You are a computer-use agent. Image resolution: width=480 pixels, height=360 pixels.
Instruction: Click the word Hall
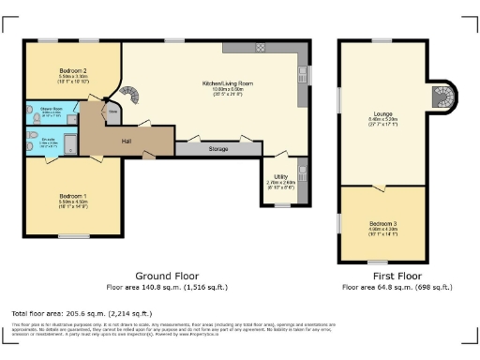tap(126, 142)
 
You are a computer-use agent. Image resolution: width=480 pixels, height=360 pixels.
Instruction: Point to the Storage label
tap(218, 148)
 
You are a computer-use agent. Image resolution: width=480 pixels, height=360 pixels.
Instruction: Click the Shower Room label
tap(51, 109)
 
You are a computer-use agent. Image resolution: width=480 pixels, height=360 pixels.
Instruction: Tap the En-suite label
tap(51, 142)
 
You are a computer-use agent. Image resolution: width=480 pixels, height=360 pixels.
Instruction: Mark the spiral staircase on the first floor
tap(442, 96)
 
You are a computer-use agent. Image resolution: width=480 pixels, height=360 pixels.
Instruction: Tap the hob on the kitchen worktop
tap(262, 48)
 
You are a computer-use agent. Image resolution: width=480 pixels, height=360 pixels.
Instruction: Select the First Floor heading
tap(385, 277)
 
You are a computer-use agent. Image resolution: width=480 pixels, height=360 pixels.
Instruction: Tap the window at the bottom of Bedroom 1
tap(74, 234)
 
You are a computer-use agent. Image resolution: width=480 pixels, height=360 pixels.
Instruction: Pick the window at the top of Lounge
tap(382, 40)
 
